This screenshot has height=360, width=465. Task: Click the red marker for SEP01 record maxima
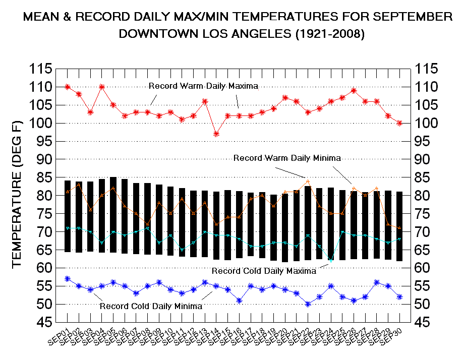click(68, 87)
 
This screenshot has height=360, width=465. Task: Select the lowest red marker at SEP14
click(216, 134)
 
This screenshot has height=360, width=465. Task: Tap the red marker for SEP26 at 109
click(354, 91)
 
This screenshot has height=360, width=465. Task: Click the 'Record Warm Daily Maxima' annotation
click(203, 86)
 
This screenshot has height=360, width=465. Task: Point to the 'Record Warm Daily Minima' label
click(287, 158)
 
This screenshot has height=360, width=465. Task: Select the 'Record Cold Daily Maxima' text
click(264, 271)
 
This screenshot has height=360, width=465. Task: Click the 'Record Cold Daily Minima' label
click(151, 306)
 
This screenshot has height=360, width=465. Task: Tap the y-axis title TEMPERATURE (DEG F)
click(16, 195)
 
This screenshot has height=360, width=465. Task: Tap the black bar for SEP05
click(113, 214)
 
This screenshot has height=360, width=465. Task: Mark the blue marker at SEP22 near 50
click(308, 304)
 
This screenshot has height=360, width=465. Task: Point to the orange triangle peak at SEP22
click(308, 181)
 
